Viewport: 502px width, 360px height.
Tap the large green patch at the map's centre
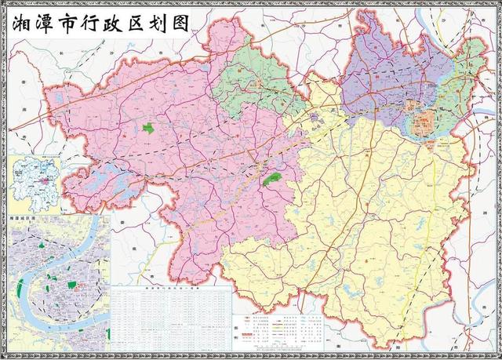tap(271, 180)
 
